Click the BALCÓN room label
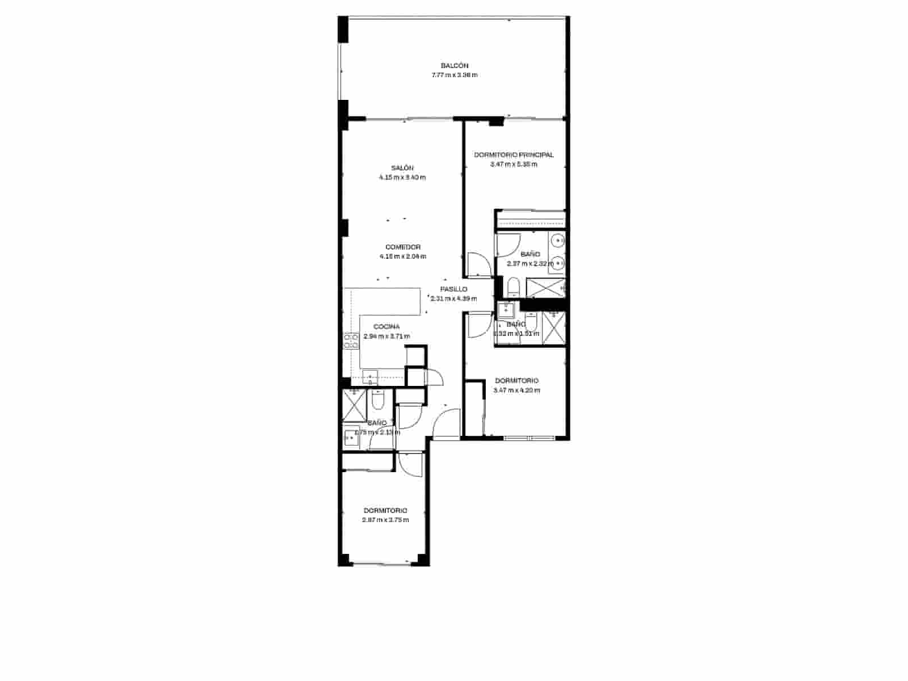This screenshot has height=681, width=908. pos(454,66)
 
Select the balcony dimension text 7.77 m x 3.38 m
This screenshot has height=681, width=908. pos(454,75)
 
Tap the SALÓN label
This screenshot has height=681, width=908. pos(402,168)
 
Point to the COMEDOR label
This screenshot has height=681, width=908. pos(402,247)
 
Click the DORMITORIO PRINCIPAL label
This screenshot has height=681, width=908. pos(514,154)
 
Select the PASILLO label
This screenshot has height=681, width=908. pos(453,289)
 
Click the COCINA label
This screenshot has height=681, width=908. pos(386,326)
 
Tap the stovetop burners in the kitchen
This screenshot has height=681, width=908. pos(350,340)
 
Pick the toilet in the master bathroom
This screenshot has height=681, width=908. pos(513,287)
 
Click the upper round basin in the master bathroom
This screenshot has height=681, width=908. pos(559,242)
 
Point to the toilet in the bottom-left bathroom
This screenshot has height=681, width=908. pos(378,401)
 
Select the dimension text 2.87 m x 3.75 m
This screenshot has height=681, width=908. pos(385,520)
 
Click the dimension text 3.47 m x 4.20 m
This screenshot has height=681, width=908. pos(516,390)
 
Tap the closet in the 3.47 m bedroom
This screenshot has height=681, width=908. pos(474,409)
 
